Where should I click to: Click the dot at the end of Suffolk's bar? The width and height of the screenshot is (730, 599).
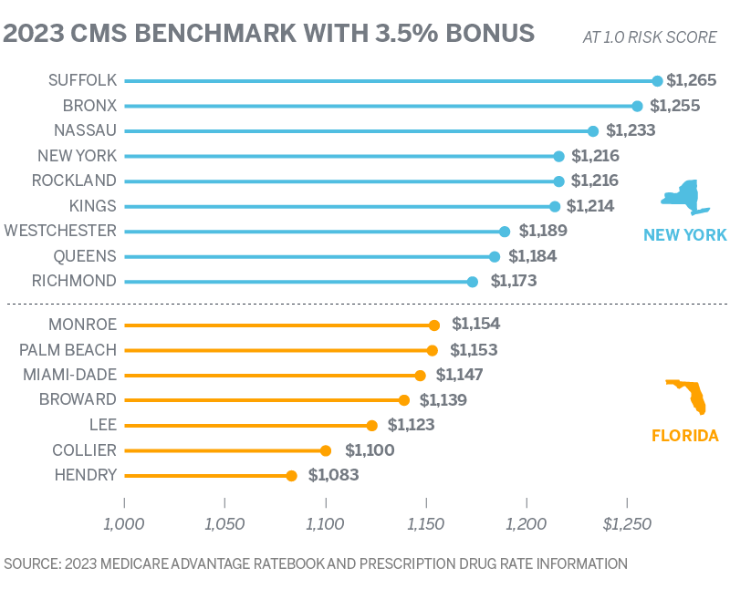657,81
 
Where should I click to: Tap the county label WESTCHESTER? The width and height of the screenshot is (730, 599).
60,231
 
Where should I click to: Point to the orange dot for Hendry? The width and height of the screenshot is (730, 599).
291,475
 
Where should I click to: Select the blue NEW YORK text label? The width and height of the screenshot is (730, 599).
684,235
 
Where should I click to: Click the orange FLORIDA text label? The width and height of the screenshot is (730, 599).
684,436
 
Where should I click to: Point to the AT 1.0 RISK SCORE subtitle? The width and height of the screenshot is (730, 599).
649,37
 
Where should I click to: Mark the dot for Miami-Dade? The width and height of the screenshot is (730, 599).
420,375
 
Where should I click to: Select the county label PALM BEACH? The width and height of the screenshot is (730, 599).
68,349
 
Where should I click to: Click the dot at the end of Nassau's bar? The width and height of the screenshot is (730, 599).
592,131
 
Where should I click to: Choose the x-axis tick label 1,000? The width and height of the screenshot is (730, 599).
124,525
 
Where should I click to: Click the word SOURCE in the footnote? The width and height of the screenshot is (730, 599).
30,564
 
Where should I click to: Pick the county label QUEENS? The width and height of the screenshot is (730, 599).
85,256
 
